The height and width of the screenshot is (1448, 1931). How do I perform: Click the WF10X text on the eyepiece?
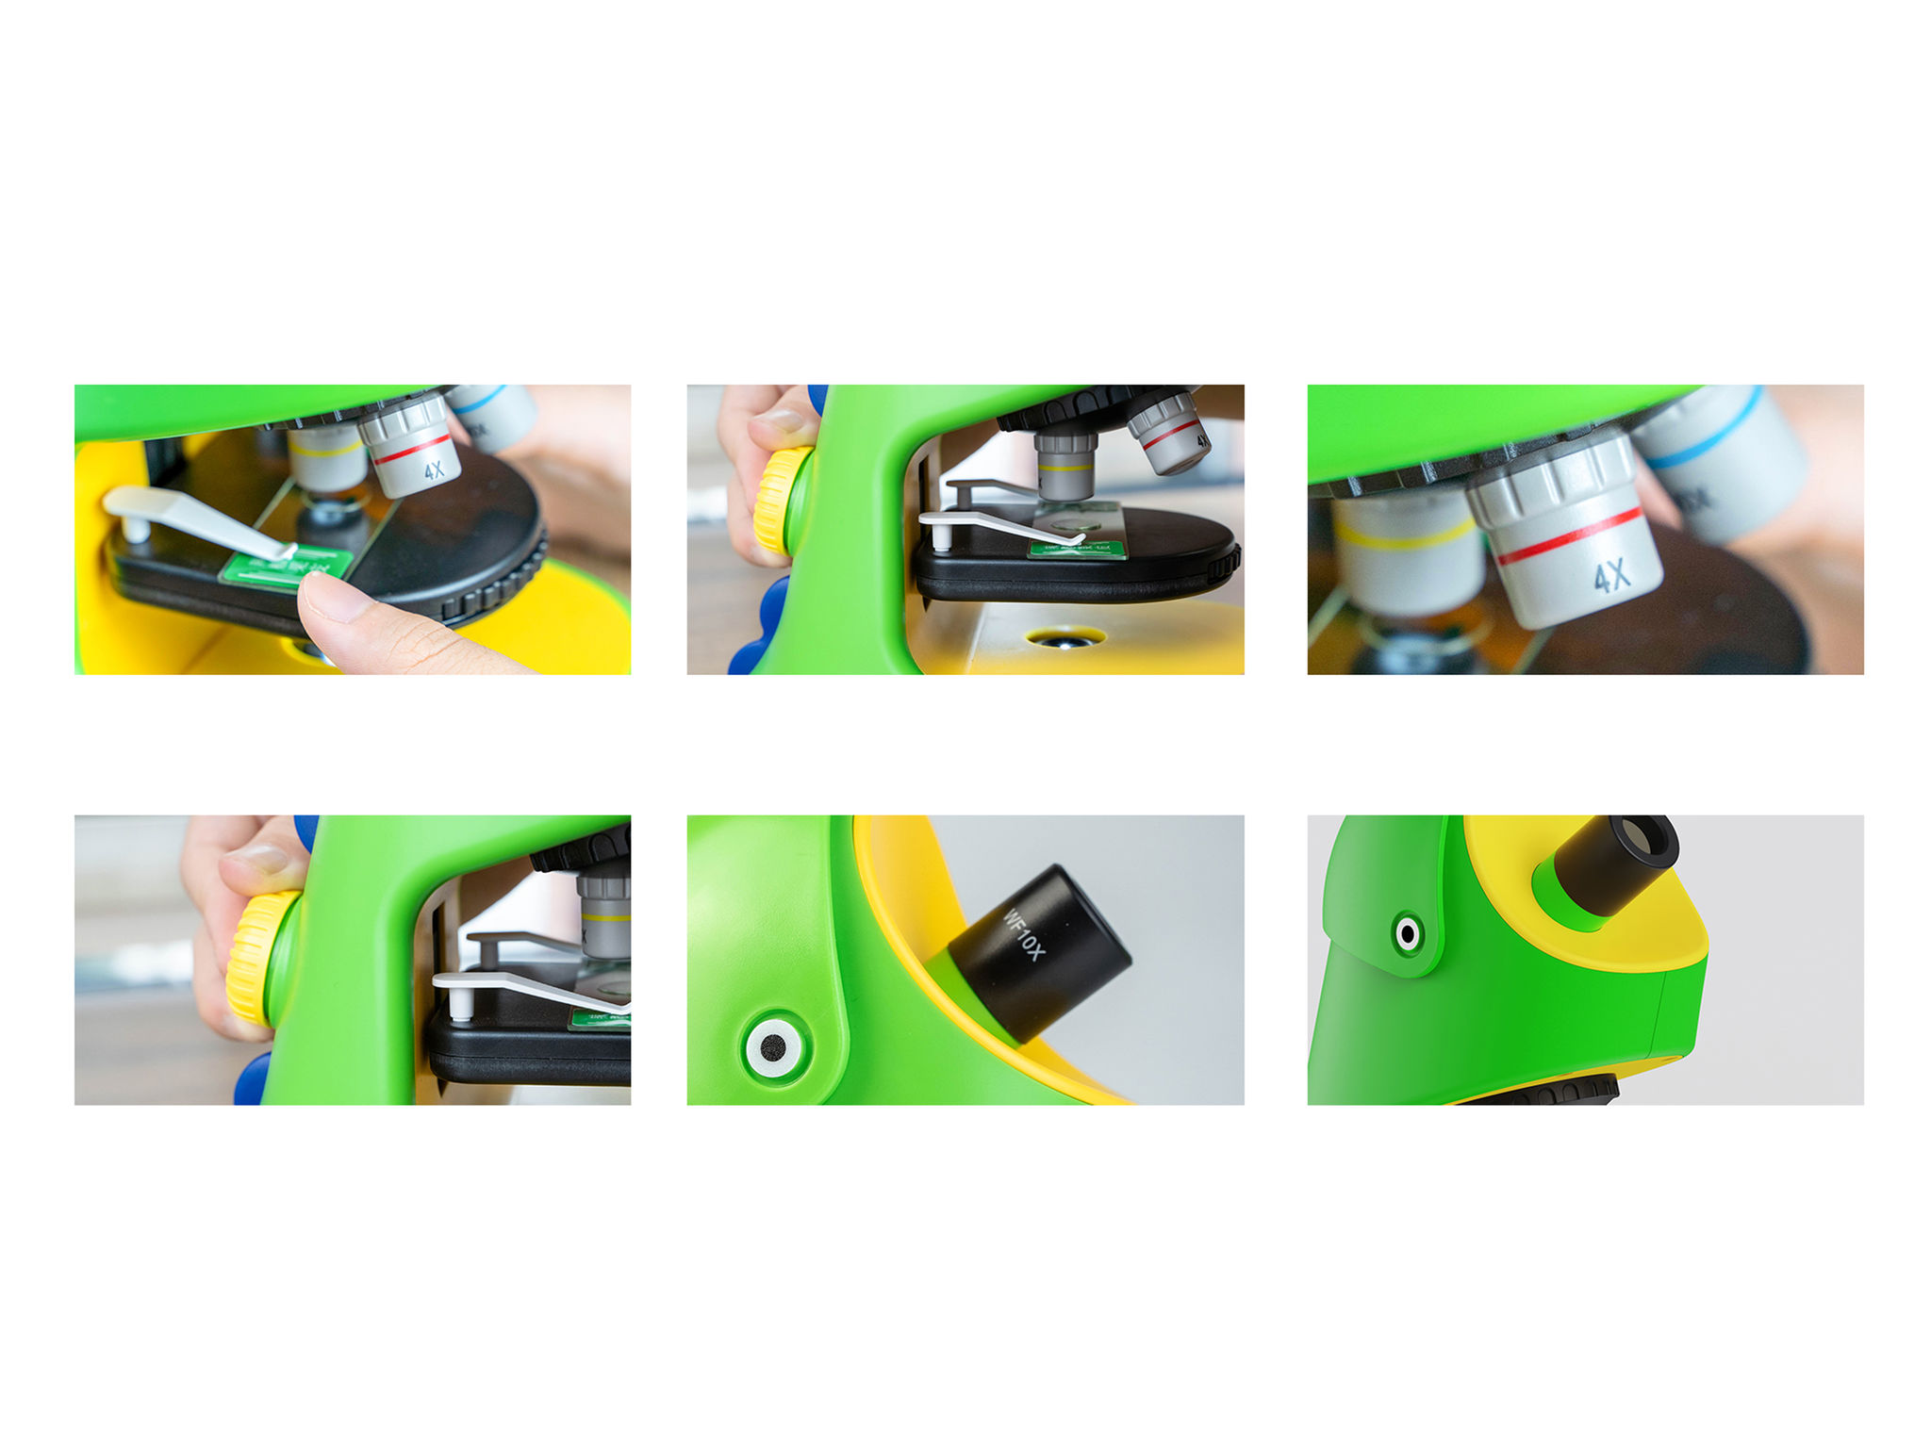tap(1023, 934)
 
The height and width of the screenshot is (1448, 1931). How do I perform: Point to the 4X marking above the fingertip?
tap(434, 469)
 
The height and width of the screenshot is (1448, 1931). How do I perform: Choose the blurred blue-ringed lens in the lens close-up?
tap(1725, 462)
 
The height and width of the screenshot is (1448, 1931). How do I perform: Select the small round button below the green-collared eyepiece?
tap(1408, 934)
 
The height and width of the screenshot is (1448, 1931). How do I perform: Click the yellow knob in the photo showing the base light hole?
tap(781, 500)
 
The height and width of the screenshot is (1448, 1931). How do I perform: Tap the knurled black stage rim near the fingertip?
tap(500, 584)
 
